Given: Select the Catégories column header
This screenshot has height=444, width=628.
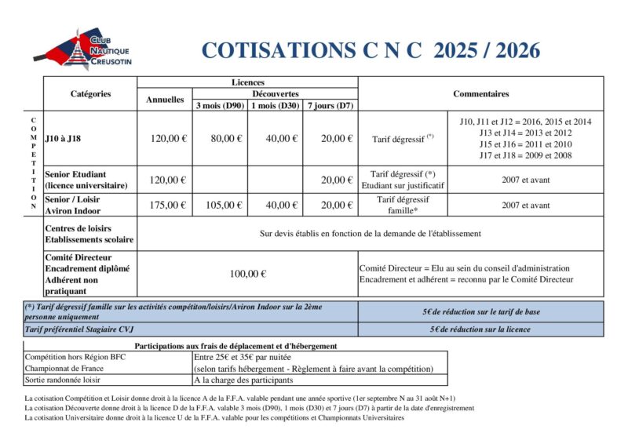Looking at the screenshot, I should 90,93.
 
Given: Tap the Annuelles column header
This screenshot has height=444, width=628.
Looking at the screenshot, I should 165,100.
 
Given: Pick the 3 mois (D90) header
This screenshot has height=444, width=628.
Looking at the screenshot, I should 220,105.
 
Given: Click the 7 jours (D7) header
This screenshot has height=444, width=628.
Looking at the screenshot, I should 330,105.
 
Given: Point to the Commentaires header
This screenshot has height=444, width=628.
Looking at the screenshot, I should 480,93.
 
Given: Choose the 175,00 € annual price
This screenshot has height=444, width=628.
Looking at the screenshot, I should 168,205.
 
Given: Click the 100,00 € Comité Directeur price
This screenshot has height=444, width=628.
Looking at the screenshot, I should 247,274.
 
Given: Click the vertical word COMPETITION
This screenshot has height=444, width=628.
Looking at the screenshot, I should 33,162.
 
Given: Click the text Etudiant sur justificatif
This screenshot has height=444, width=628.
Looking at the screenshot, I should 403,185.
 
